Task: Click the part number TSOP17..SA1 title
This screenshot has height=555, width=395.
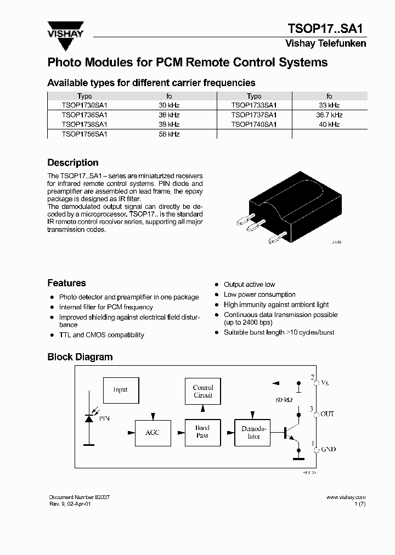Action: click(326, 29)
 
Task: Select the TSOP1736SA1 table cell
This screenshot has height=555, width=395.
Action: click(84, 115)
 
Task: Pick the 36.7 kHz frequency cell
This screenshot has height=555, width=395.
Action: click(329, 115)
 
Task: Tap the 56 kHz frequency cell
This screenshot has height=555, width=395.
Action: click(169, 134)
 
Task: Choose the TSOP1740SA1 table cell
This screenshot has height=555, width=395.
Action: click(254, 124)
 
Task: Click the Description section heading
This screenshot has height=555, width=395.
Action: click(73, 163)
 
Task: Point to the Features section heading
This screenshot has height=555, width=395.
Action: click(66, 284)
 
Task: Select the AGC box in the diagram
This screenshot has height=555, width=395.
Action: click(153, 433)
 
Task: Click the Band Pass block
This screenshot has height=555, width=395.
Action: click(202, 432)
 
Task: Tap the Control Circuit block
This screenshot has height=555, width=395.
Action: click(203, 392)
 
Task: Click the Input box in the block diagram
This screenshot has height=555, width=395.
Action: click(121, 390)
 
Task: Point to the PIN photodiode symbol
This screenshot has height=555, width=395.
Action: click(88, 418)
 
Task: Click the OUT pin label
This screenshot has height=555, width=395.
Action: click(327, 414)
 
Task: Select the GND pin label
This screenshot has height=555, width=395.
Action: click(328, 449)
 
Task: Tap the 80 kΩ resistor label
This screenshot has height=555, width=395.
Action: click(284, 400)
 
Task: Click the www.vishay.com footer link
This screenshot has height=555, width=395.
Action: click(346, 497)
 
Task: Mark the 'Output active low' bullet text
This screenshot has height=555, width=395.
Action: click(249, 285)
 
